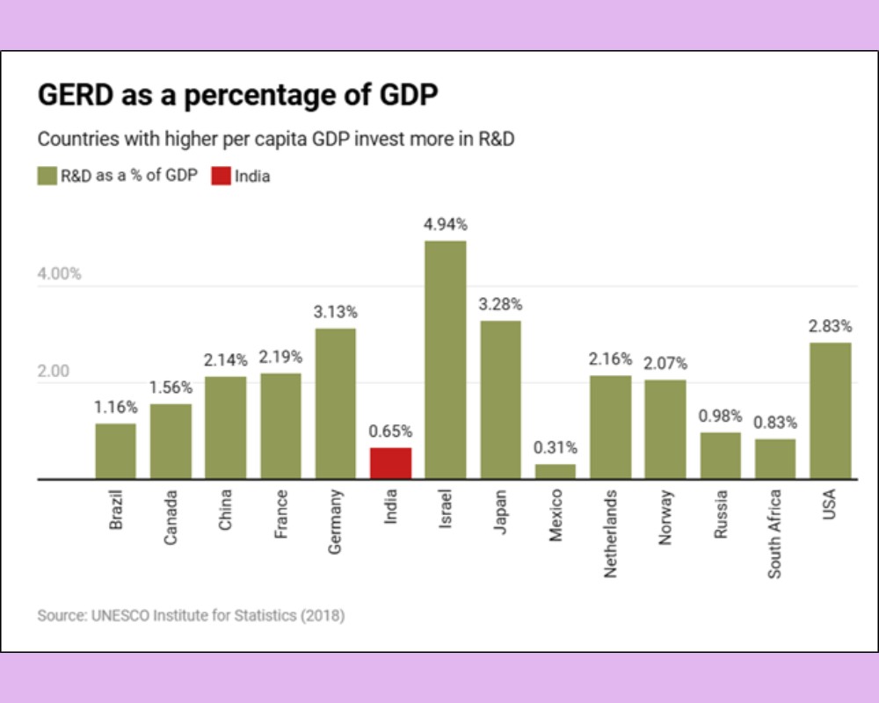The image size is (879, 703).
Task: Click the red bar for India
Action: [390, 463]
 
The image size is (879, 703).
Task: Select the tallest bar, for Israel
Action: [445, 360]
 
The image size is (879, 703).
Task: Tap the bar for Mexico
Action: [555, 471]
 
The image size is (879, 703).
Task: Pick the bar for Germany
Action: [335, 403]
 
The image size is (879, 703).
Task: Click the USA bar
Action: [830, 410]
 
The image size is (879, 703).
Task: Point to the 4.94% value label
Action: [445, 225]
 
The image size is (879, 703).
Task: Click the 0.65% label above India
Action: [390, 431]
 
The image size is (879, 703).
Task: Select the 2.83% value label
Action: [830, 326]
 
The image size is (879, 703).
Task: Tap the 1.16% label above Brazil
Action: [116, 408]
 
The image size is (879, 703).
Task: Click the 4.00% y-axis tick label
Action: [59, 273]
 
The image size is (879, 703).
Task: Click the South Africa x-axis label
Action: [774, 533]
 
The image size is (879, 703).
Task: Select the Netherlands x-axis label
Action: [610, 533]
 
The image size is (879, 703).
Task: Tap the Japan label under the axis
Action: [500, 514]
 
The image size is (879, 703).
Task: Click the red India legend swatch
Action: [221, 176]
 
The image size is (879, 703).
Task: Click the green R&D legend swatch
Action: [47, 176]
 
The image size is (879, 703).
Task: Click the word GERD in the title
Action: [74, 95]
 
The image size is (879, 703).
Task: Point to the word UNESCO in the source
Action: [120, 615]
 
